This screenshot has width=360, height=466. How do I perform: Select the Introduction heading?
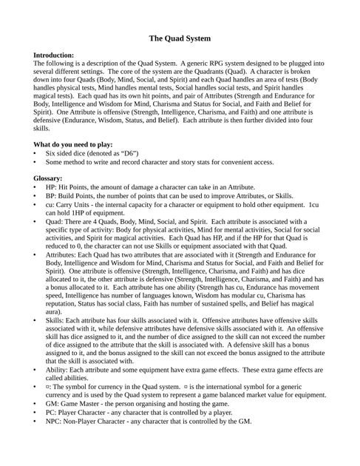tap(54, 55)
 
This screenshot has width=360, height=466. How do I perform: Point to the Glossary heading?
tap(49, 178)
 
